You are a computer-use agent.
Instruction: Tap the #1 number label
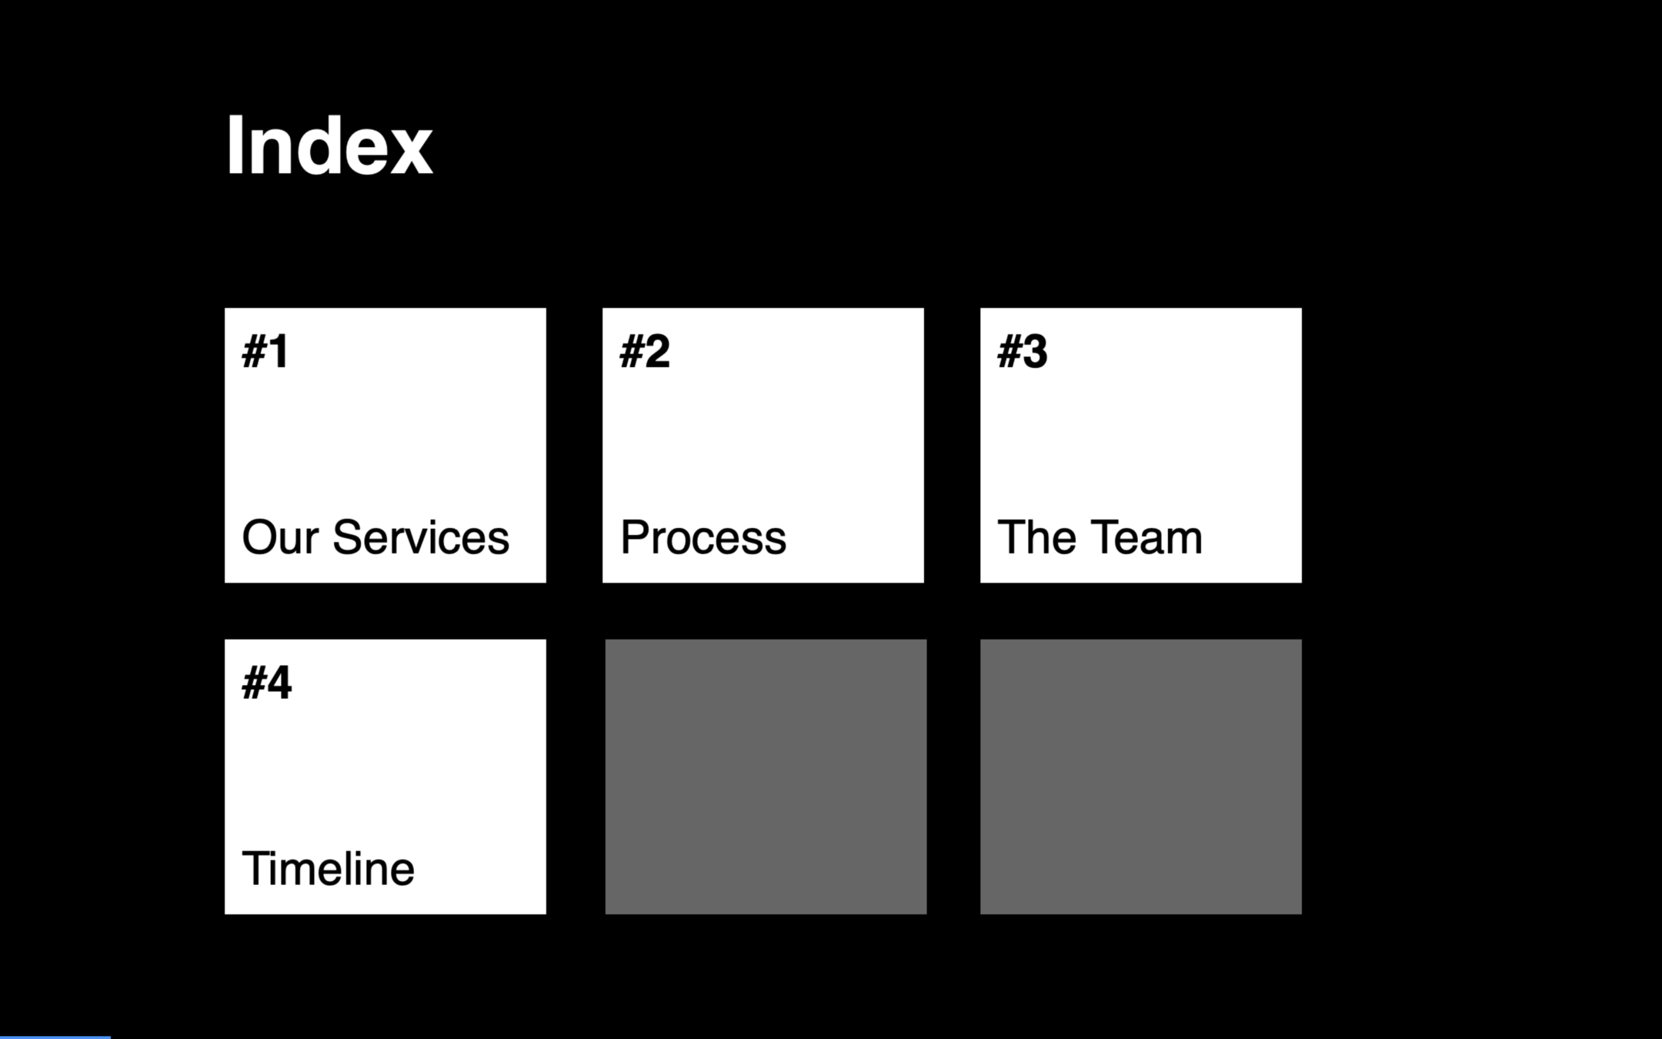pyautogui.click(x=265, y=352)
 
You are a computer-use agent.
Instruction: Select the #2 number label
pyautogui.click(x=645, y=352)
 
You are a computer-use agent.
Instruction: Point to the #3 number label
pyautogui.click(x=1023, y=352)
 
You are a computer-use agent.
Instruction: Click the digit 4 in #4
pyautogui.click(x=279, y=683)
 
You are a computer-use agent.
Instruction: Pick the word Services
pyautogui.click(x=420, y=537)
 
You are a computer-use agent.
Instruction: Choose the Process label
pyautogui.click(x=703, y=537)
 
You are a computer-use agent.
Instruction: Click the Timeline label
pyautogui.click(x=329, y=869)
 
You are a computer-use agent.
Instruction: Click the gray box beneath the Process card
pyautogui.click(x=766, y=777)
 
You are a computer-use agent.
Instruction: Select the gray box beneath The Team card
pyautogui.click(x=1141, y=777)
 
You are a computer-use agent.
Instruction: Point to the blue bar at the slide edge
pyautogui.click(x=55, y=1037)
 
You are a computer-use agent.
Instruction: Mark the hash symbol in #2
pyautogui.click(x=631, y=352)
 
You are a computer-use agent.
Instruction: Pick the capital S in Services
pyautogui.click(x=347, y=537)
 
